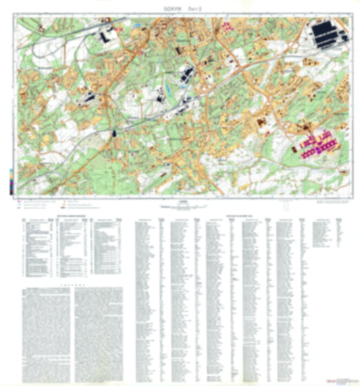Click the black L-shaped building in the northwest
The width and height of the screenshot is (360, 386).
pyautogui.click(x=108, y=35)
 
